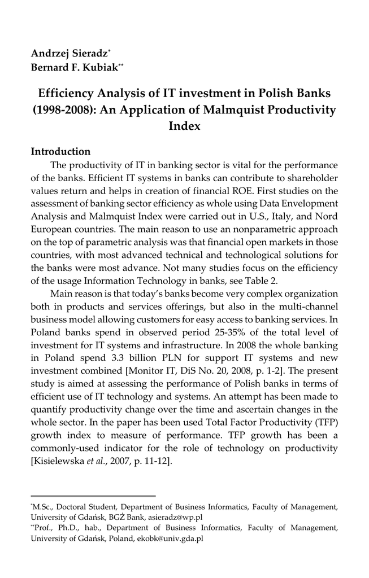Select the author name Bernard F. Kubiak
pyautogui.click(x=74, y=68)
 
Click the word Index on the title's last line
pyautogui.click(x=184, y=125)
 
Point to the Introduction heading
pyautogui.click(x=60, y=151)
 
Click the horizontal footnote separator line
pyautogui.click(x=93, y=496)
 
